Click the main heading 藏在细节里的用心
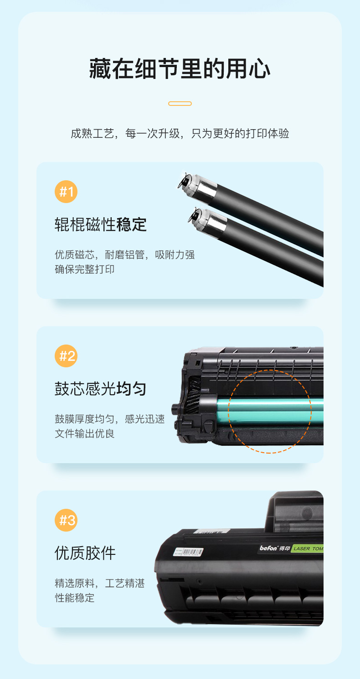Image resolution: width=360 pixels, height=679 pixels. tap(180, 69)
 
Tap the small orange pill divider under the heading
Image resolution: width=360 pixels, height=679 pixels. tap(180, 104)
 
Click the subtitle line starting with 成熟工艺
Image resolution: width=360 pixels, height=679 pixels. tap(180, 133)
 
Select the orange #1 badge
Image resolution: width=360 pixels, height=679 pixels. tap(66, 192)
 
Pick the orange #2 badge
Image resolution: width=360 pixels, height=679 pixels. tap(66, 356)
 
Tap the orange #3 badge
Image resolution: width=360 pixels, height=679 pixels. tap(66, 520)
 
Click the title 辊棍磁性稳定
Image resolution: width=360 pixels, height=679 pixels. tap(101, 225)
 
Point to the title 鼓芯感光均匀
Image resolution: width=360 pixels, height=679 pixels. tap(101, 389)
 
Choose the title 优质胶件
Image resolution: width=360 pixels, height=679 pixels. tap(85, 553)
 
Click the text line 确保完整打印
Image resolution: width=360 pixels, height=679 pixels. tap(84, 269)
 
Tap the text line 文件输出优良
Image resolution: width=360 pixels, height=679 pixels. tap(84, 434)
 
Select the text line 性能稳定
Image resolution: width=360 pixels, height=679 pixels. tap(74, 598)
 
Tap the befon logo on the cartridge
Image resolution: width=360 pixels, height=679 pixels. tap(268, 548)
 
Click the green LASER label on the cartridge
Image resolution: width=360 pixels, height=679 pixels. tap(307, 548)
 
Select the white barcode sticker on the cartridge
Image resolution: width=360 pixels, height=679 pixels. tap(188, 552)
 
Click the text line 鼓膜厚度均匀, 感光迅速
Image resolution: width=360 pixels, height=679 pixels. tap(110, 419)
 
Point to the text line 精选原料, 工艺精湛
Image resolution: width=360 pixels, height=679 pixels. tap(100, 583)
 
